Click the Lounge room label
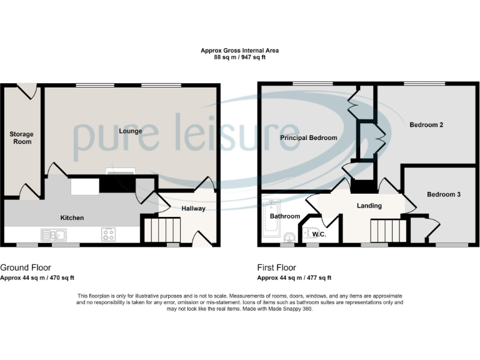point(130,131)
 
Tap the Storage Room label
point(21,137)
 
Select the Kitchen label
point(72,217)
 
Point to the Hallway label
point(193,208)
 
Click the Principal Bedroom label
point(308,137)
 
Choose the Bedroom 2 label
point(426,125)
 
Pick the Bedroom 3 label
point(444,194)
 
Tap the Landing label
point(369,206)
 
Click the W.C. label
point(319,235)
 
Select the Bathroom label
point(284,216)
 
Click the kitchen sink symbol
point(54,235)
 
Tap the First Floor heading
point(277,267)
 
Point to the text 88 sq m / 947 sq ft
point(240,57)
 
